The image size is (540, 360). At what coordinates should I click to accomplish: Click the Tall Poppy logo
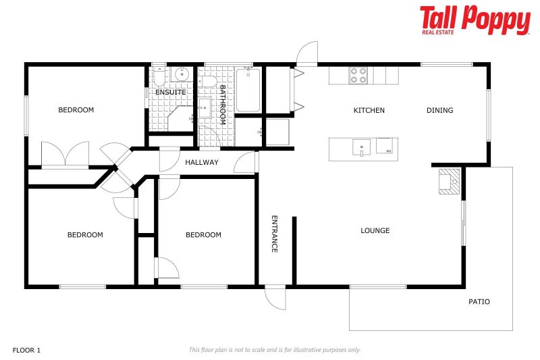[x=475, y=20]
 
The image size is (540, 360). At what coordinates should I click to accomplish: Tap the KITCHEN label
[x=369, y=111]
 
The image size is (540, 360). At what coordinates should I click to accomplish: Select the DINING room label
[x=439, y=111]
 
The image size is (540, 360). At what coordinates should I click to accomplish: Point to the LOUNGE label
[x=375, y=231]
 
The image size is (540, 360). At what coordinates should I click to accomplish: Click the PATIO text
[x=479, y=302]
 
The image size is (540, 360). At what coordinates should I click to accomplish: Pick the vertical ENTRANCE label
[x=275, y=234]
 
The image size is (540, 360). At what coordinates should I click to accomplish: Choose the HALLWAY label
[x=202, y=163]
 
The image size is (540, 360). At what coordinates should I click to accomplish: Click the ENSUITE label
[x=170, y=93]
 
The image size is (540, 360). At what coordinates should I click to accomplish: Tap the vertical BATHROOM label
[x=221, y=105]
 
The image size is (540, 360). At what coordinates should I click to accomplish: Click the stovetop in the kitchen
[x=358, y=75]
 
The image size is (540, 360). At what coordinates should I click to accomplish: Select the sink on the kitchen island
[x=362, y=147]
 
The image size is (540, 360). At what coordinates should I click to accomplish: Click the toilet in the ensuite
[x=159, y=76]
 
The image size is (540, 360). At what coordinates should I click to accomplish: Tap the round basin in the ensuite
[x=182, y=75]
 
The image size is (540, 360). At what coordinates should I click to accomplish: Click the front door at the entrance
[x=275, y=297]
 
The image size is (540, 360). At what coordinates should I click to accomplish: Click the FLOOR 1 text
[x=27, y=350]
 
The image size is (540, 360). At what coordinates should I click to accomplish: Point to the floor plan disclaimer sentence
[x=274, y=350]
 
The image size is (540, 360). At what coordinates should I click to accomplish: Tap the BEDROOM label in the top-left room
[x=76, y=110]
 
